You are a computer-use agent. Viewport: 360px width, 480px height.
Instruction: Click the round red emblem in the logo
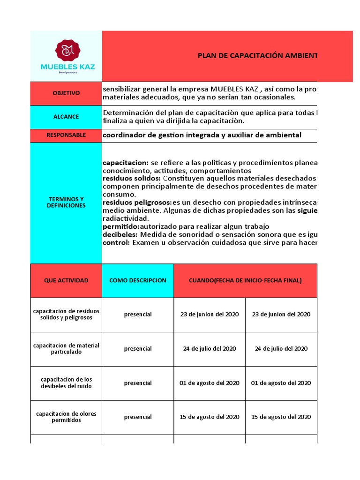[66, 50]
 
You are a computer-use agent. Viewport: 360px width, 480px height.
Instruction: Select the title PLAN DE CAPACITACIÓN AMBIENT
[257, 56]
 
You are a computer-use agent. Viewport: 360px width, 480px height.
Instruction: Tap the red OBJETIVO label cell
[66, 93]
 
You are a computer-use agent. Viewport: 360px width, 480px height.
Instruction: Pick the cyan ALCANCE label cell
[66, 117]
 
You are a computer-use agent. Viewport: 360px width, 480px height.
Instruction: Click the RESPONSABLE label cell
[66, 135]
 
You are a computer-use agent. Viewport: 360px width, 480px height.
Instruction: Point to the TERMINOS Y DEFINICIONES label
[66, 202]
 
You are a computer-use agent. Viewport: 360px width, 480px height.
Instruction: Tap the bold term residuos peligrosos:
[137, 202]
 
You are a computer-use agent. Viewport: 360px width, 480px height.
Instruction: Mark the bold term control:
[116, 243]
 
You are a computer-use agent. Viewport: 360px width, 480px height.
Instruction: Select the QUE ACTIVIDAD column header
[66, 280]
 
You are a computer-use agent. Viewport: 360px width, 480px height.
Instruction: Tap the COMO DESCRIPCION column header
[137, 280]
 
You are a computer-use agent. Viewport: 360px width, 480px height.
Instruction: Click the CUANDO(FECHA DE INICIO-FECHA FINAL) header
[245, 280]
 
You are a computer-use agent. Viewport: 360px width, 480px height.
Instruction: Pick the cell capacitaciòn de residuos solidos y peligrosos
[66, 315]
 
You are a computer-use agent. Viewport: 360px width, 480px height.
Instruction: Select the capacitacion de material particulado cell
[66, 349]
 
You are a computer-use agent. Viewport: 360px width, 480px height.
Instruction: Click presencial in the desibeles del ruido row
[137, 383]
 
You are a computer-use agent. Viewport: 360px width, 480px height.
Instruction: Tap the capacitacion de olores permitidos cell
[66, 417]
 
